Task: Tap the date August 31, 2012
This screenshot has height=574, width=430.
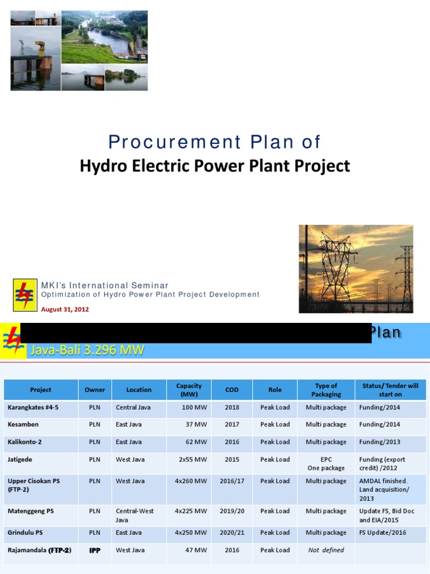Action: click(65, 309)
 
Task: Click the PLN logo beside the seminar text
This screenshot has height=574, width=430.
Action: click(25, 295)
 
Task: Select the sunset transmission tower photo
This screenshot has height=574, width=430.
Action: click(356, 269)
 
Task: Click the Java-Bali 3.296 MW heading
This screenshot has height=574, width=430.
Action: click(87, 351)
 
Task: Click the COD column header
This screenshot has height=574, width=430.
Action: click(232, 390)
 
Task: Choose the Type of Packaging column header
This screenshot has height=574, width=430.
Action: click(326, 390)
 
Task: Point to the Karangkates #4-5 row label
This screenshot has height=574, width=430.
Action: click(33, 408)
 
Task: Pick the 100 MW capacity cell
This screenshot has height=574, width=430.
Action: click(194, 408)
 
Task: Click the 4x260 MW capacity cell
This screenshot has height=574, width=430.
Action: click(191, 481)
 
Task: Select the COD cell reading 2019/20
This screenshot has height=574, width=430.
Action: click(232, 511)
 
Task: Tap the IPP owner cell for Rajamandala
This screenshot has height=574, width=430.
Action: click(95, 550)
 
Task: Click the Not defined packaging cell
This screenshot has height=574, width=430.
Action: click(326, 550)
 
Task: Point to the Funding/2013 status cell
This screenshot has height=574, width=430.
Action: click(380, 442)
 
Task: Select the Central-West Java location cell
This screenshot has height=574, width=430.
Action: click(135, 515)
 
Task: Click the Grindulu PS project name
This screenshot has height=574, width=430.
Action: click(27, 533)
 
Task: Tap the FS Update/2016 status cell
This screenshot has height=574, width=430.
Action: click(382, 533)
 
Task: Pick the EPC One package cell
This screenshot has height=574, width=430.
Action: click(326, 464)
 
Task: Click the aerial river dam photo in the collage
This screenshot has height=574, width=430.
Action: click(104, 37)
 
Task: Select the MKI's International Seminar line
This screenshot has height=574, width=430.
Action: click(105, 285)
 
